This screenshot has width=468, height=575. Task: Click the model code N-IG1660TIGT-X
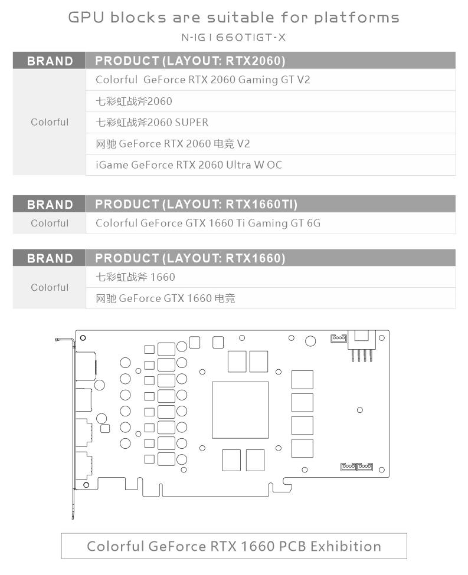click(x=234, y=37)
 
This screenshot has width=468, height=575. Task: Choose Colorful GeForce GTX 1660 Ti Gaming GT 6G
click(x=208, y=223)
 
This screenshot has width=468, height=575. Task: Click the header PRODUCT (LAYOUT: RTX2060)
click(x=190, y=61)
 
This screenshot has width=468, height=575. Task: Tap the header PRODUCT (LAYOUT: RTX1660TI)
click(x=196, y=204)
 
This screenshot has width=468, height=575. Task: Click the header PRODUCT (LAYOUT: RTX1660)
click(x=190, y=258)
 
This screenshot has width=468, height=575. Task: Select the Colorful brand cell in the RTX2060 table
click(x=50, y=122)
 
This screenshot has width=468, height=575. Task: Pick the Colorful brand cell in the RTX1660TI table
click(x=50, y=223)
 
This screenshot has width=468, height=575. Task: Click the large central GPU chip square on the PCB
click(x=240, y=410)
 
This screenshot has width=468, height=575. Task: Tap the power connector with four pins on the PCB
click(x=362, y=346)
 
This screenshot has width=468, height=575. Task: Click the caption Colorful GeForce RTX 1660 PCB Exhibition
click(x=234, y=546)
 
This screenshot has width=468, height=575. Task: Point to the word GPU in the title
click(x=86, y=17)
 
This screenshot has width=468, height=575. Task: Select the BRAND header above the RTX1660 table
click(x=50, y=258)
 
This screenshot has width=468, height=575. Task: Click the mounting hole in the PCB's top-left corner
click(x=83, y=338)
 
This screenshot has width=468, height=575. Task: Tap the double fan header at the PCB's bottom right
click(x=357, y=466)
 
